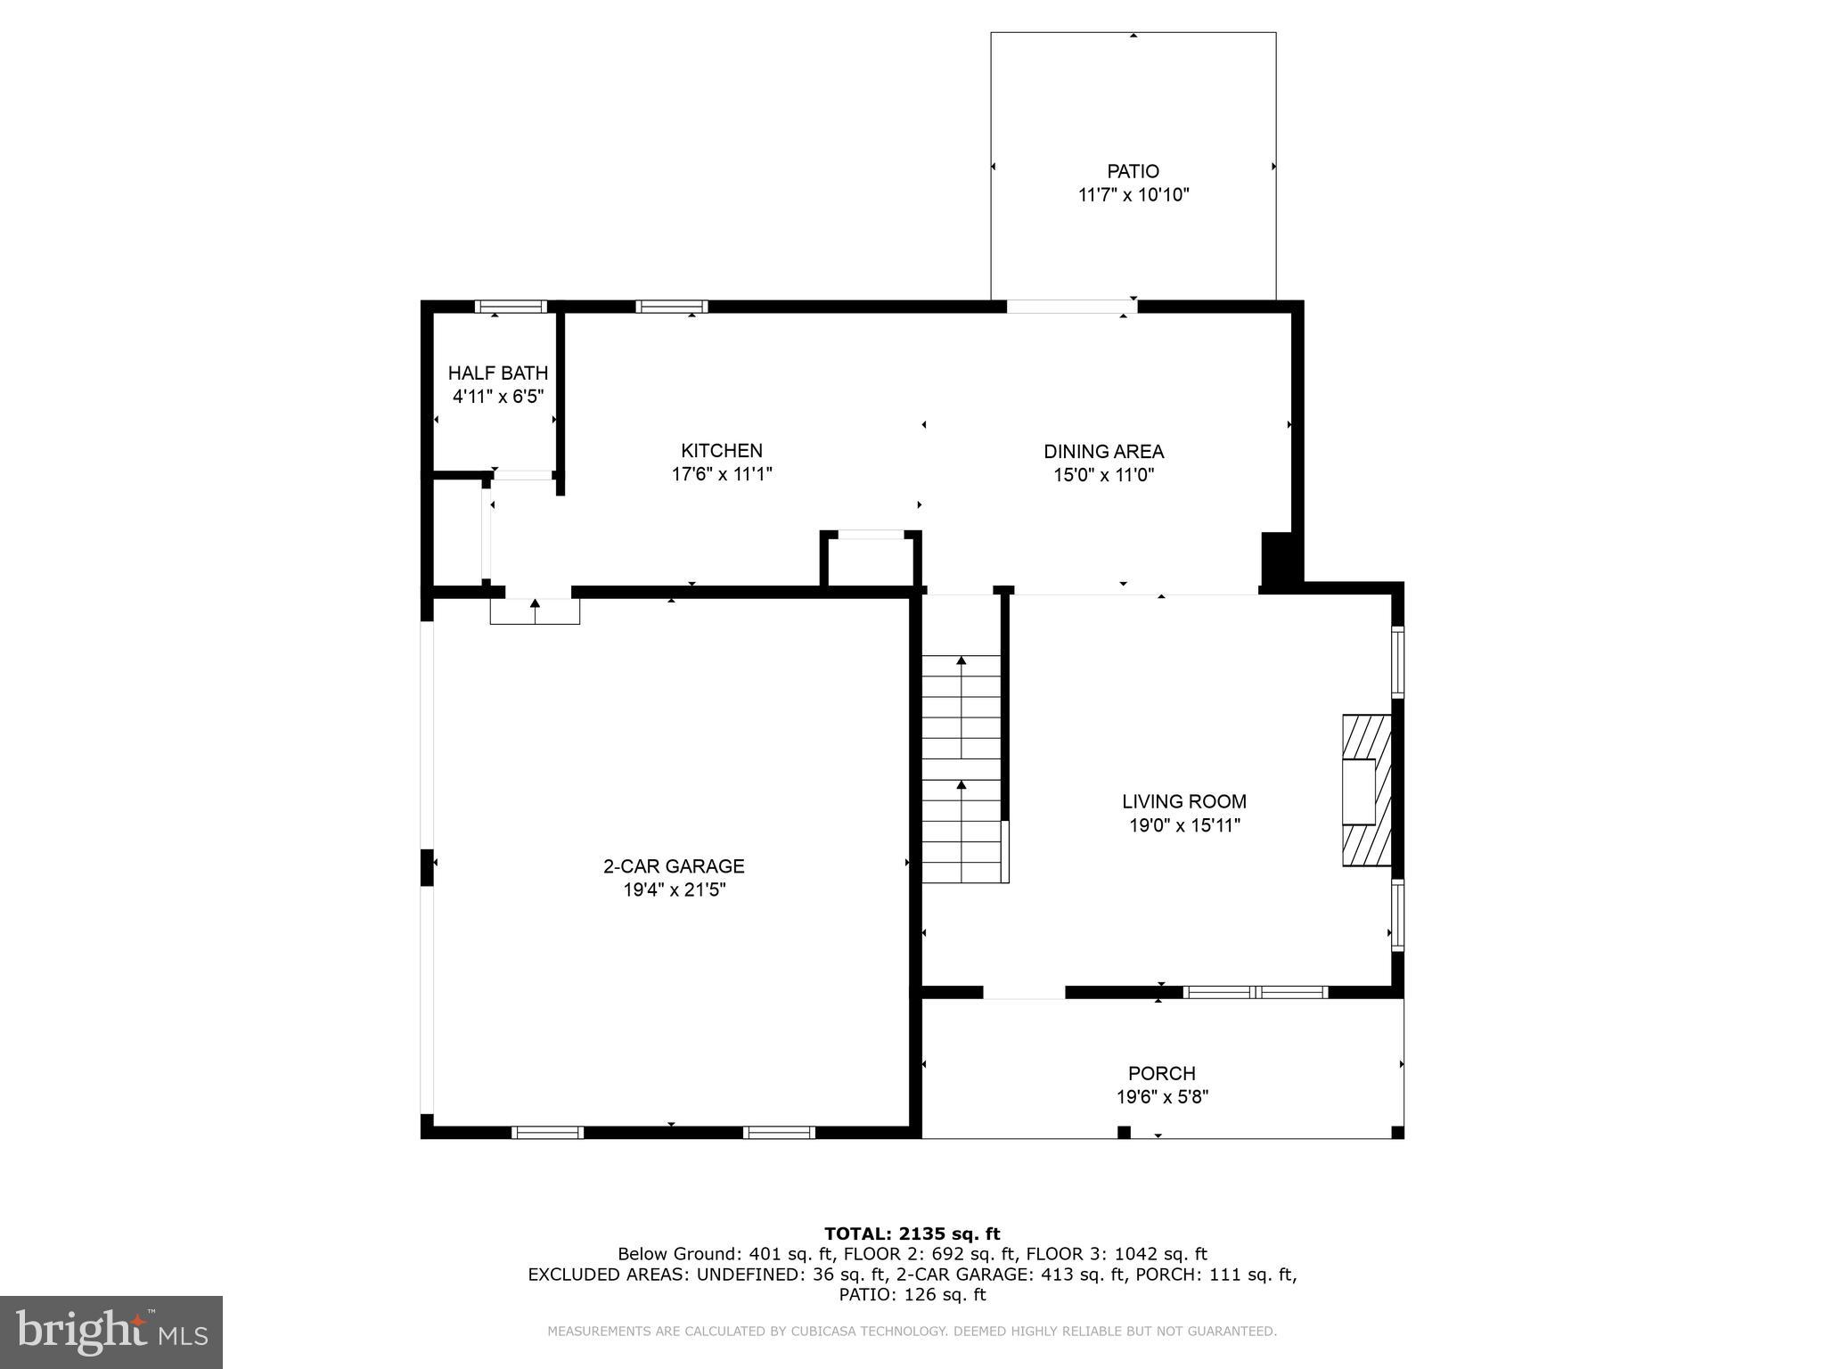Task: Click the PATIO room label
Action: pos(1133,171)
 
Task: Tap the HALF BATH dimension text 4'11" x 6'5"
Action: pos(497,397)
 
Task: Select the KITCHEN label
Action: pos(722,451)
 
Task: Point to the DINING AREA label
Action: pos(1103,452)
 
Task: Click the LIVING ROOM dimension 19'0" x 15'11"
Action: pos(1184,825)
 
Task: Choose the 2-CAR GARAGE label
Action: pos(674,866)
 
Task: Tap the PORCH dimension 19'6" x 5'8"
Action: pos(1162,1097)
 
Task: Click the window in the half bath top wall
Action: pos(511,307)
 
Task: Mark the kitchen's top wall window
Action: pos(672,307)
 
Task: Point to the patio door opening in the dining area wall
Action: pos(1072,307)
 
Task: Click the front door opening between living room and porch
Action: pos(1024,993)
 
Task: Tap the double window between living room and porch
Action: pos(1255,992)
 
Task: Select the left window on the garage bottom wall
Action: pos(547,1133)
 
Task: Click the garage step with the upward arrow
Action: pos(535,611)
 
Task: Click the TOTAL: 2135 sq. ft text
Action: pos(912,1234)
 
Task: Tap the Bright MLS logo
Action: pos(111,1332)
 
